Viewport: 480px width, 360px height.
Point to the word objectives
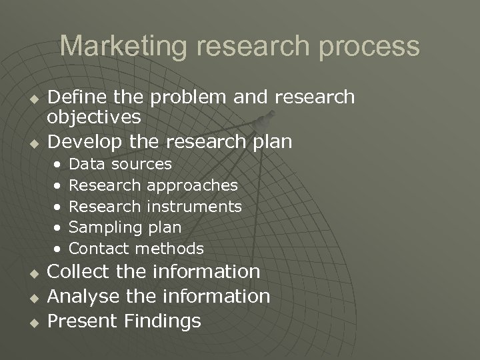94,119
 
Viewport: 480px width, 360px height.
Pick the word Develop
81,142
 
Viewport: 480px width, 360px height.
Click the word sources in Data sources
141,164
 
